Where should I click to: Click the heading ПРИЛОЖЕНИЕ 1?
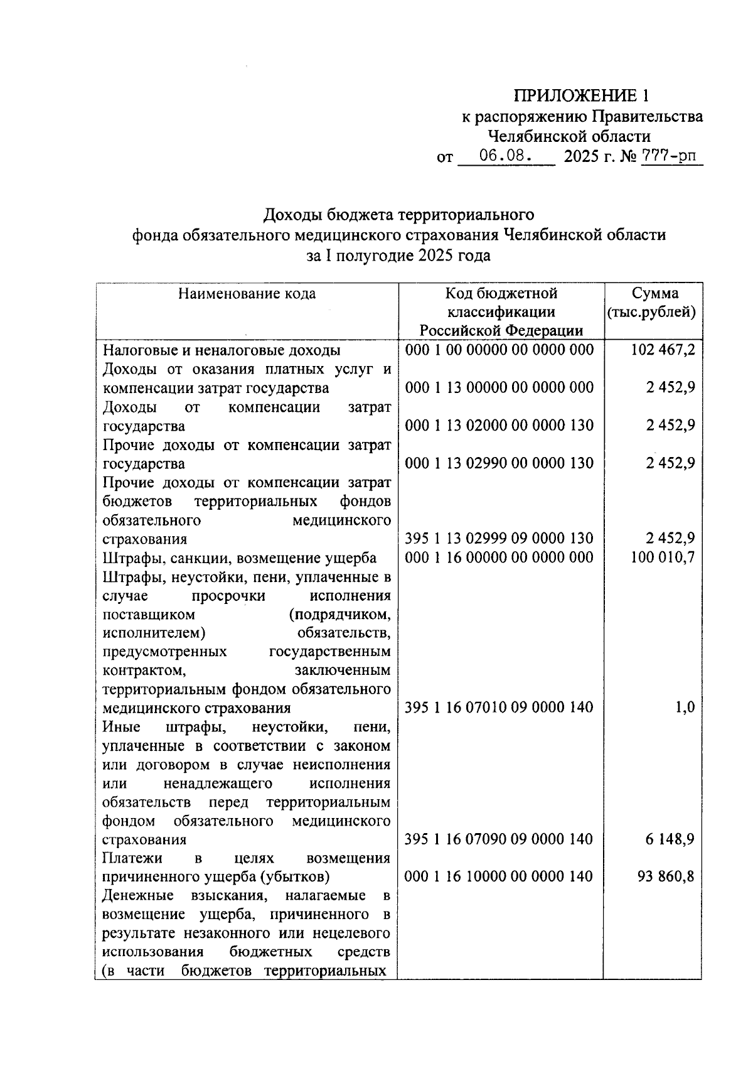(x=580, y=96)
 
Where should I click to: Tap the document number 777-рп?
(x=671, y=156)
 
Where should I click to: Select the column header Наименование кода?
(x=247, y=294)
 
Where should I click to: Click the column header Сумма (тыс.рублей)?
(x=653, y=303)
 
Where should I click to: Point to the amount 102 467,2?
(x=663, y=350)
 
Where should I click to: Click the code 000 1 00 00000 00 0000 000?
(x=499, y=350)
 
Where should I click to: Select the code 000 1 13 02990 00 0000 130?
(x=499, y=463)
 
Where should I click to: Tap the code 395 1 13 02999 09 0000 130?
(x=499, y=539)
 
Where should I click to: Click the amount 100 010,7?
(x=663, y=557)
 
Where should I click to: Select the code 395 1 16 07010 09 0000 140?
(x=499, y=708)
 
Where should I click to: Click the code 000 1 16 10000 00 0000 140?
(x=499, y=876)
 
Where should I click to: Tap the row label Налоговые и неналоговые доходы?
(x=222, y=350)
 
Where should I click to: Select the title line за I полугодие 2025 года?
(x=398, y=256)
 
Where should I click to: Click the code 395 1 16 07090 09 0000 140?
(x=499, y=839)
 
